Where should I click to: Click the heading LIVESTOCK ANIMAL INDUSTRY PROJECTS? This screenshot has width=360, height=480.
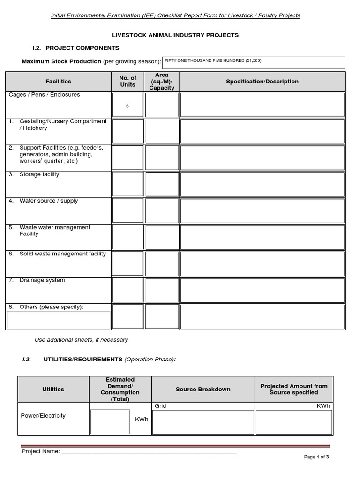click(x=174, y=35)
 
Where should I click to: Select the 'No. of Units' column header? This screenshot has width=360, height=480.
click(x=127, y=81)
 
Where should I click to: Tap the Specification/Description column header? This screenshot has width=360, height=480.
click(x=262, y=82)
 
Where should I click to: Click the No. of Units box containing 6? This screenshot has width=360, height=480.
click(x=127, y=105)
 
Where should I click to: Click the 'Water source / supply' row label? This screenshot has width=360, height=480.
click(x=48, y=201)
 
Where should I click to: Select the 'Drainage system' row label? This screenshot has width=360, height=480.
click(x=42, y=280)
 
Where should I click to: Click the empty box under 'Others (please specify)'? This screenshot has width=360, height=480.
click(x=59, y=320)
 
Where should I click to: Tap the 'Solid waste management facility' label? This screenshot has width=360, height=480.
click(x=62, y=254)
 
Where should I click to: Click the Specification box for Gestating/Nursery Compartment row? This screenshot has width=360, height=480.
click(x=262, y=131)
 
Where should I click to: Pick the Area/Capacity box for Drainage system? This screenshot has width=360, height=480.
click(x=162, y=290)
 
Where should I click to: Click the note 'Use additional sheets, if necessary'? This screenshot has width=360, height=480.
click(x=81, y=339)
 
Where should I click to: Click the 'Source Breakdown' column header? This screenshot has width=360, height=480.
click(x=203, y=389)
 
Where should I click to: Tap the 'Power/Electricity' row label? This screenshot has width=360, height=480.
click(x=43, y=415)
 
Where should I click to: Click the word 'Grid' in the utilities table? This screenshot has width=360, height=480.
click(x=160, y=406)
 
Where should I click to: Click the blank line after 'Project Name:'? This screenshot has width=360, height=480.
click(x=149, y=451)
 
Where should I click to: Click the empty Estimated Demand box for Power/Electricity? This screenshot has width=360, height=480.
click(x=110, y=421)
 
